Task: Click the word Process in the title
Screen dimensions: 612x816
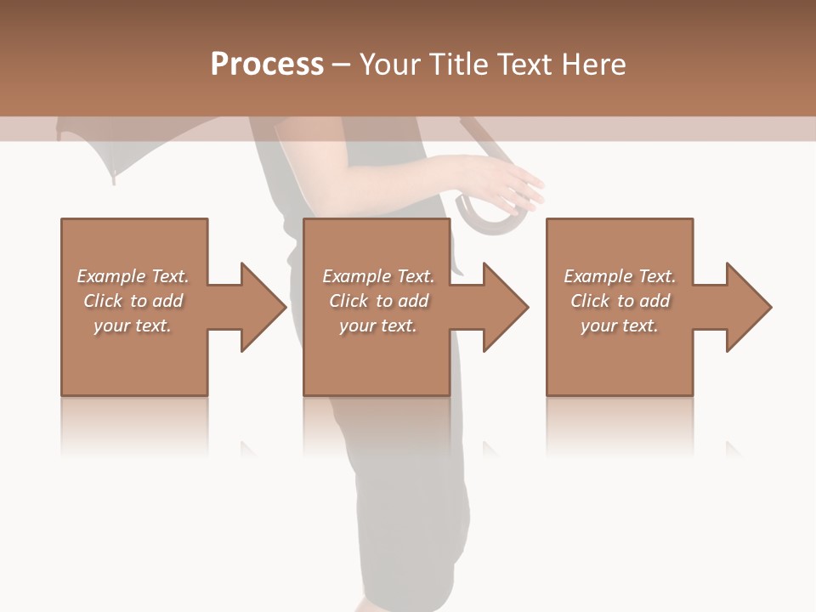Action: coord(267,65)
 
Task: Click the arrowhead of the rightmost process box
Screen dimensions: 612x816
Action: coord(748,307)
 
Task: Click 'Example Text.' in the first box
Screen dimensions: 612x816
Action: coord(133,276)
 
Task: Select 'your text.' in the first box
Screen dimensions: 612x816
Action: coord(133,326)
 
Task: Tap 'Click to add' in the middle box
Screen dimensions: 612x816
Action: coord(378,301)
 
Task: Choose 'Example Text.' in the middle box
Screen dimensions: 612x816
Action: coord(378,276)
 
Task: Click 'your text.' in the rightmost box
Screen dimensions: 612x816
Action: coord(620,326)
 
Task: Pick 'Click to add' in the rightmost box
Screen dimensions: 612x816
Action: coord(620,301)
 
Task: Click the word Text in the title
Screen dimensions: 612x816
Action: coord(527,65)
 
